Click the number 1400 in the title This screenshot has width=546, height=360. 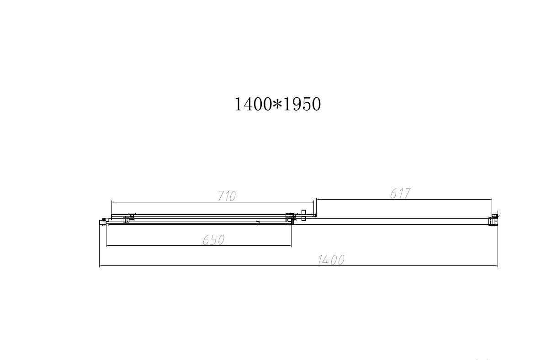coord(253,105)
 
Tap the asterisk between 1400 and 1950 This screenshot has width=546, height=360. coord(277,105)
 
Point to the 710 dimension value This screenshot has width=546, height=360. coord(227,196)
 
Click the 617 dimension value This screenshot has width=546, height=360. coord(401,193)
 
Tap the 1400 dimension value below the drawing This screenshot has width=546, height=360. coord(331,260)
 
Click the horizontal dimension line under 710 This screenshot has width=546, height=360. coord(183,201)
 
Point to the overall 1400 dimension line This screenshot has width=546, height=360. coord(228,265)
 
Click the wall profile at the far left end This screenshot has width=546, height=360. coord(102,222)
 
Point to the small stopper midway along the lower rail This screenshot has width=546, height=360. coord(258,223)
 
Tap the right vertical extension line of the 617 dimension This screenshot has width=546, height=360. coord(492,206)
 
